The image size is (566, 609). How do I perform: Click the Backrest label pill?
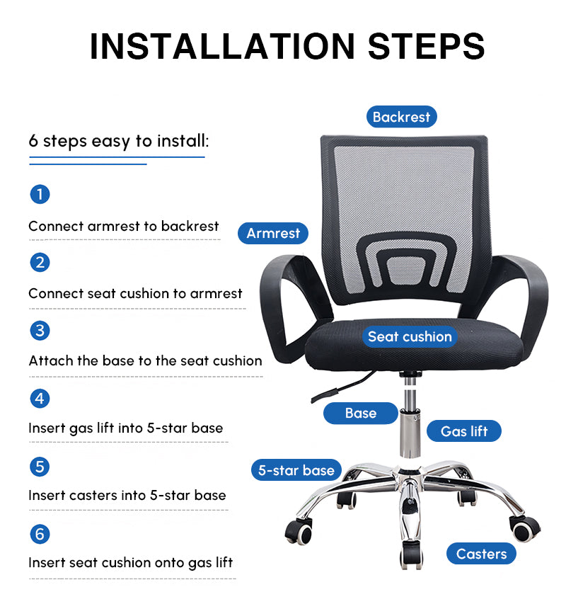point(402,117)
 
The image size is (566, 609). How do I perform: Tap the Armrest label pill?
point(273,233)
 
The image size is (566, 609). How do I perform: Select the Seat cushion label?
point(410,336)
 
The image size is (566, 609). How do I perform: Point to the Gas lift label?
point(464,431)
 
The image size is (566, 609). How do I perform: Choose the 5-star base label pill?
point(296,470)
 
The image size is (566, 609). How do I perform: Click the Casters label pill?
point(481,554)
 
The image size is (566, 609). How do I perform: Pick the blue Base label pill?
point(361,413)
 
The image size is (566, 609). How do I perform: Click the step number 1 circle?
point(40,194)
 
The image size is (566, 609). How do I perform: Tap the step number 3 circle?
point(40,331)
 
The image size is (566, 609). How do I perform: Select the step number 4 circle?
point(40,399)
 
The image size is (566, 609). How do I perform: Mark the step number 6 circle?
point(40,534)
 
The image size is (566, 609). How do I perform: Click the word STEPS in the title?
point(427,46)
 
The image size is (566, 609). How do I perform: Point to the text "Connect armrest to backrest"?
point(124,226)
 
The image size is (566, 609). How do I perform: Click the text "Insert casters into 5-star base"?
point(127,495)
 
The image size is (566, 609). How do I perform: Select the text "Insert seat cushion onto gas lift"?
point(131,563)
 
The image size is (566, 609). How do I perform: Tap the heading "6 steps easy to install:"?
point(119,141)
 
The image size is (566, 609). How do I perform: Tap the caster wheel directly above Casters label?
point(524,528)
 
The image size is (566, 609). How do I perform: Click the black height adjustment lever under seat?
point(342,387)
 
